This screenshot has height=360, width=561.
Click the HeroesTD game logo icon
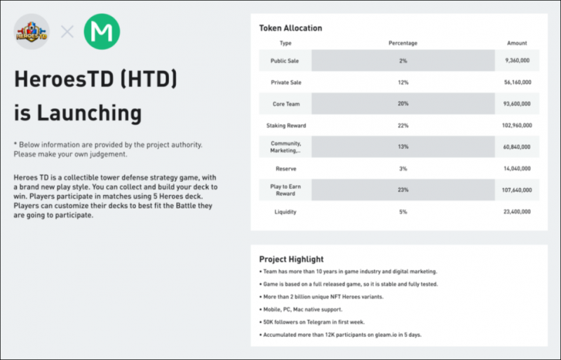(x=32, y=32)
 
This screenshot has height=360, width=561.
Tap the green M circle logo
(x=102, y=32)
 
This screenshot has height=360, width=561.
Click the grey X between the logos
(x=67, y=32)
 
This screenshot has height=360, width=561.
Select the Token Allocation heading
(x=291, y=28)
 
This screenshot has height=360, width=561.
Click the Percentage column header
(x=403, y=44)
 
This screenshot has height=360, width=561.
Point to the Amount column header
(x=517, y=44)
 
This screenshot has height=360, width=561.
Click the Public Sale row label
(x=285, y=61)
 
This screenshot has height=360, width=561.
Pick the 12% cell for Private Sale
(x=403, y=83)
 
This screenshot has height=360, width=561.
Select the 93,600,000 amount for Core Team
(x=518, y=104)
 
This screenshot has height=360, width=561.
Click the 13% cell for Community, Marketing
(x=403, y=147)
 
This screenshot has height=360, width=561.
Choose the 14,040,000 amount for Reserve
(x=518, y=168)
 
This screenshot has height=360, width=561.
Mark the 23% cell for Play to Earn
(x=403, y=189)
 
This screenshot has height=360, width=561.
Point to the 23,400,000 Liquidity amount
(x=518, y=211)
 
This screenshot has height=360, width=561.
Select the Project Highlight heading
(x=291, y=259)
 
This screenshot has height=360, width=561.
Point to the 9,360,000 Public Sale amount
(x=518, y=61)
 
